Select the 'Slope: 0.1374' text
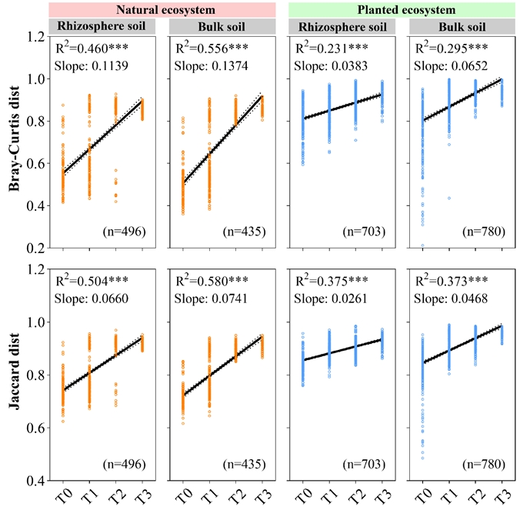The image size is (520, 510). point(212,66)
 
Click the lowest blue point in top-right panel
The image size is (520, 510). point(422,245)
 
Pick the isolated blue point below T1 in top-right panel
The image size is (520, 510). point(449,198)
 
